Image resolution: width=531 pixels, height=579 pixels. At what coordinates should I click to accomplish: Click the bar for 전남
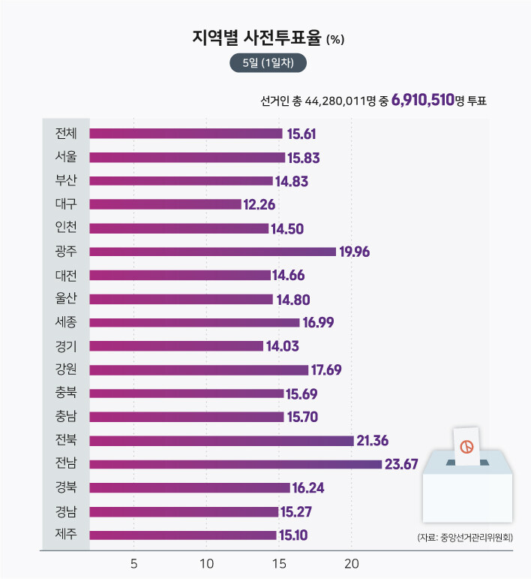point(235,464)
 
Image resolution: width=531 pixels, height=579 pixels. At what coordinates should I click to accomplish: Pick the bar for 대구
point(165,204)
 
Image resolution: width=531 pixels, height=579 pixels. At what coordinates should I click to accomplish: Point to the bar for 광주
point(212,252)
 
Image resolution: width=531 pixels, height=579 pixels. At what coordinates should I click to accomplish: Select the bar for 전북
point(221,440)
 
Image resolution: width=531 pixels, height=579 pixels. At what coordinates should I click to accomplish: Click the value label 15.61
point(300,134)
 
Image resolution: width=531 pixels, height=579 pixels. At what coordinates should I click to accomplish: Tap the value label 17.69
point(326,369)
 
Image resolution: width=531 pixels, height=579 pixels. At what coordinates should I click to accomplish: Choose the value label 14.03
point(281,346)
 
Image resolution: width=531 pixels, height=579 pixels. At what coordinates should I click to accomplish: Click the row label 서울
point(66,157)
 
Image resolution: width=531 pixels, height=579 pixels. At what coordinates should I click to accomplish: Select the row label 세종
point(66,322)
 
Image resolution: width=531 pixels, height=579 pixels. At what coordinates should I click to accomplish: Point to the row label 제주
point(66,535)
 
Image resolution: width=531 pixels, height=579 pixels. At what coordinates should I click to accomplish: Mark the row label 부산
point(66,181)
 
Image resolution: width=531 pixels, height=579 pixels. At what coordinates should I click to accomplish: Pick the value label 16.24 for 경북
point(307,488)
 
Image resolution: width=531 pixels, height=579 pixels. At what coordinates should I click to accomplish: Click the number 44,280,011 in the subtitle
point(337,101)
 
